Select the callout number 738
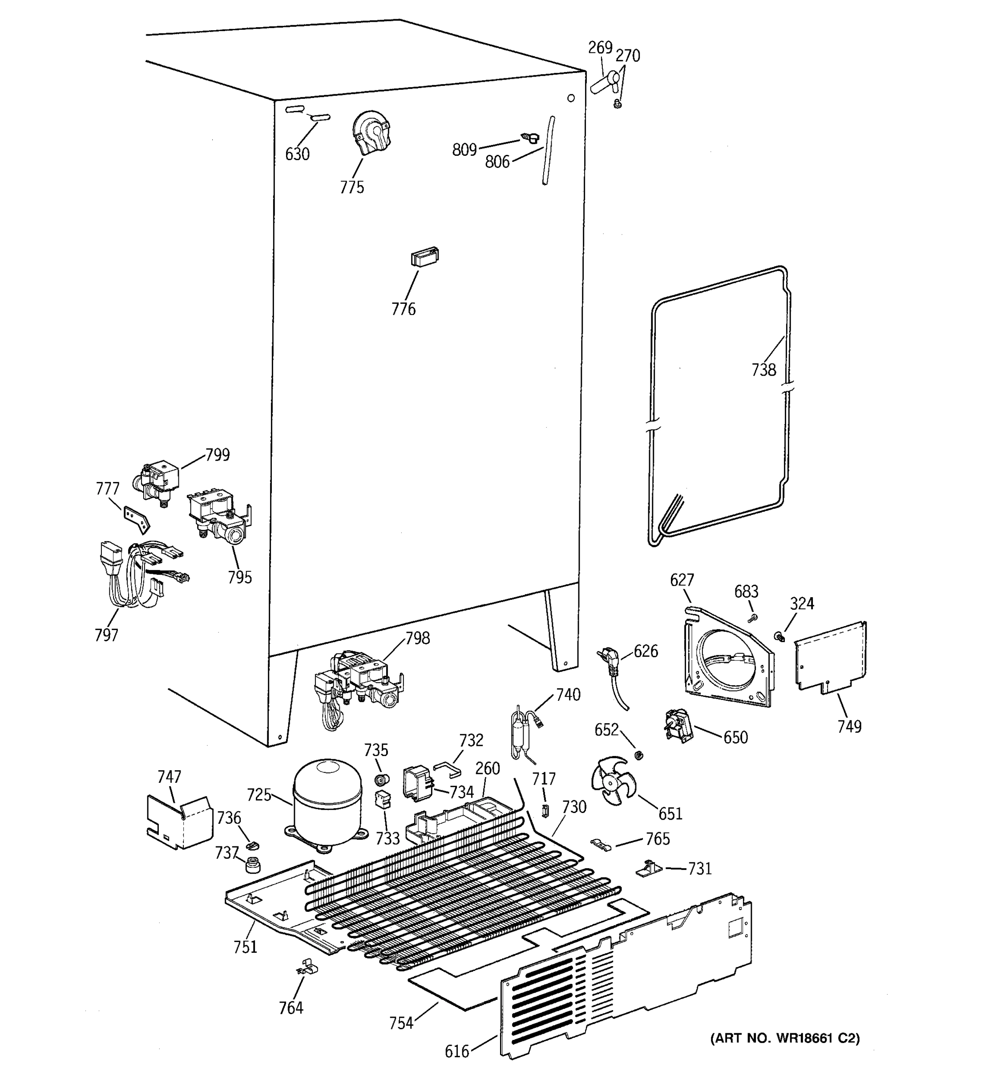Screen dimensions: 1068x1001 tap(763, 370)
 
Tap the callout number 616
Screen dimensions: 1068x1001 tap(456, 1051)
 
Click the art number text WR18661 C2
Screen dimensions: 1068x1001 tap(785, 1039)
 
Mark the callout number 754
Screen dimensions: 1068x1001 tap(401, 1023)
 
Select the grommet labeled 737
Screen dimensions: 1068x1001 tap(252, 866)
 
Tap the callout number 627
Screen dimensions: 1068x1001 tap(682, 580)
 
